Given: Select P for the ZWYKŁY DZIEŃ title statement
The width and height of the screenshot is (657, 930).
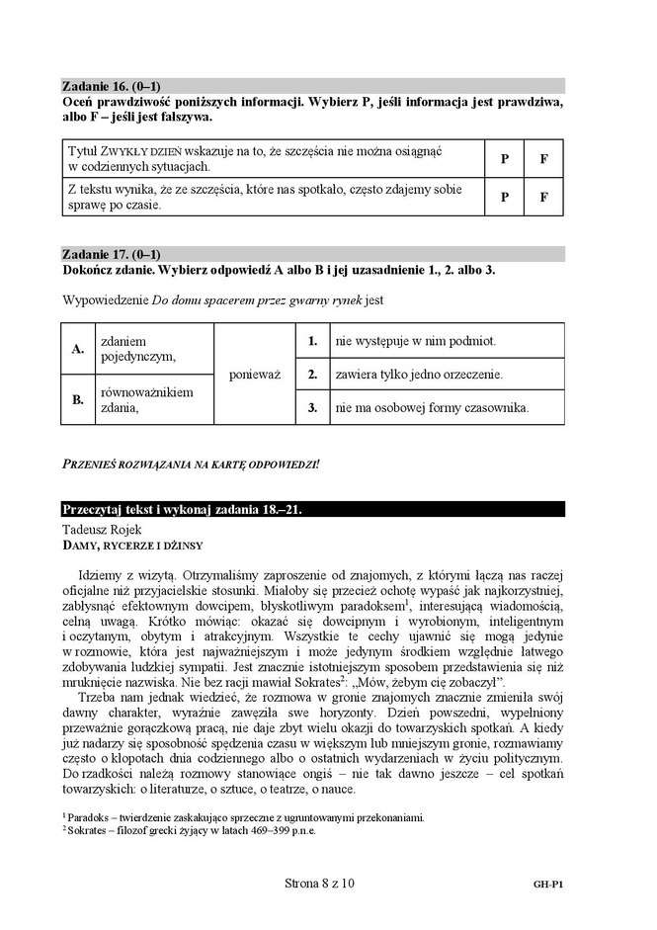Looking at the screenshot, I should (504, 158).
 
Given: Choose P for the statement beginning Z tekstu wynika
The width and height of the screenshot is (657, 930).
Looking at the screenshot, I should (504, 196).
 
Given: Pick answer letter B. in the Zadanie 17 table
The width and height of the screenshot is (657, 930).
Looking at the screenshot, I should (77, 400).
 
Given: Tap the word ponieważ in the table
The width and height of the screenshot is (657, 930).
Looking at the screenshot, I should (255, 375).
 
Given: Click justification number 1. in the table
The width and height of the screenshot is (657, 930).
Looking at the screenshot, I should (311, 341).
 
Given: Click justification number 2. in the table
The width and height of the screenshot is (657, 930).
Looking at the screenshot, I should (311, 375).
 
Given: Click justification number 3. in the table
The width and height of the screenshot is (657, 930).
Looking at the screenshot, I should (311, 407).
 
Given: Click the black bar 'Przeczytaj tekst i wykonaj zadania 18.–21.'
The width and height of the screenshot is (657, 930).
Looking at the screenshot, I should (312, 510).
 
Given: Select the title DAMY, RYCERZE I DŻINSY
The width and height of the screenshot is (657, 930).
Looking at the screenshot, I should (131, 545).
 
